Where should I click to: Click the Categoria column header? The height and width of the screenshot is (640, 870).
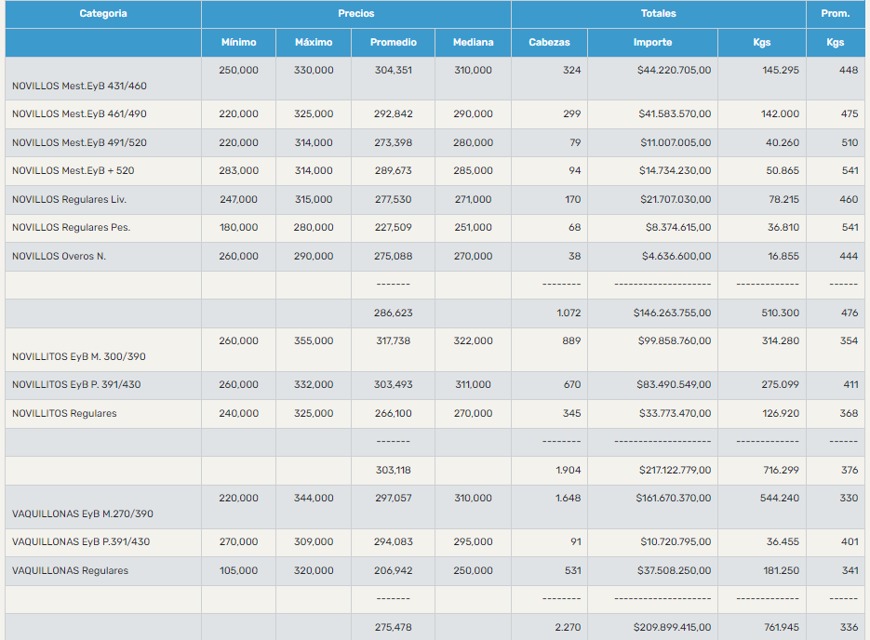point(103,14)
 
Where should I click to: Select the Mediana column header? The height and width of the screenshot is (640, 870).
point(473,42)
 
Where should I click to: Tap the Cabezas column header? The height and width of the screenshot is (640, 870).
point(549,42)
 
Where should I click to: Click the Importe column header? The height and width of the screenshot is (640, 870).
point(652,42)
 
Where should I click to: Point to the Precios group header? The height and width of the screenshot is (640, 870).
point(356,14)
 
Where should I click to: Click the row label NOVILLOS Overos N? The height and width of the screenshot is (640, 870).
point(60,256)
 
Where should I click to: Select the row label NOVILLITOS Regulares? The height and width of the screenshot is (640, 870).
point(65,413)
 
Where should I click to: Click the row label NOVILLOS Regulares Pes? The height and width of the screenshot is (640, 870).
point(71,227)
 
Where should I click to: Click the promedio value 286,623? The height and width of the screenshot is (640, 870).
point(393,313)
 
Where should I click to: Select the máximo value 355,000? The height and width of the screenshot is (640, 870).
point(314,341)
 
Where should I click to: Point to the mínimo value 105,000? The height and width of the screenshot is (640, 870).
point(239,570)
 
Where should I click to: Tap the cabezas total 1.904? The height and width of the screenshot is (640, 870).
point(568,471)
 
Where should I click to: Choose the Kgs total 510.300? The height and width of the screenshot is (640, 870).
point(780,313)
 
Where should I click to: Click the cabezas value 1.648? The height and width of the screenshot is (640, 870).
point(568,499)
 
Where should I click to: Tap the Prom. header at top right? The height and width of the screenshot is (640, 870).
point(835,14)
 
